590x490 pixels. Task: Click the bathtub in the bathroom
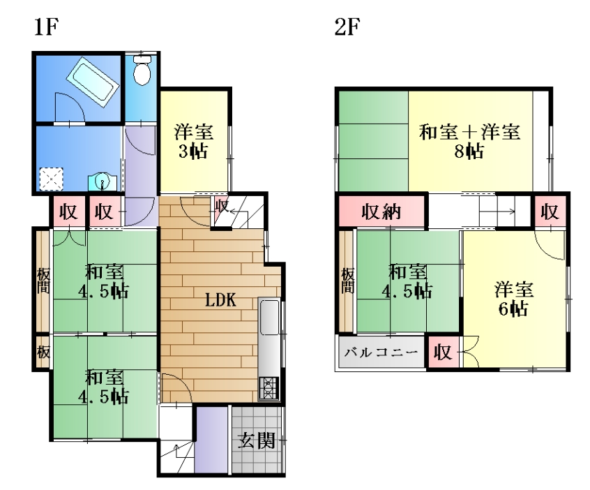pyautogui.click(x=93, y=82)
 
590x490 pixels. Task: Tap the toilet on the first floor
pyautogui.click(x=142, y=70)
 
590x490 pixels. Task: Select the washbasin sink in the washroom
pyautogui.click(x=102, y=182)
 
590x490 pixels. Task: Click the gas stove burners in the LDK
pyautogui.click(x=268, y=388)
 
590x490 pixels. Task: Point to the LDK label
pyautogui.click(x=220, y=300)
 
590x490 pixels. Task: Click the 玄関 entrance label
pyautogui.click(x=257, y=440)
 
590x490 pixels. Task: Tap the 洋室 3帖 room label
pyautogui.click(x=193, y=141)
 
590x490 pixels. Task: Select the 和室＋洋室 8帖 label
pyautogui.click(x=469, y=141)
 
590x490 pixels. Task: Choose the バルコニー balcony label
pyautogui.click(x=381, y=352)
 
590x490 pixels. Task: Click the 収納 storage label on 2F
pyautogui.click(x=381, y=211)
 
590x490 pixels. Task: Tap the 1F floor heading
pyautogui.click(x=46, y=27)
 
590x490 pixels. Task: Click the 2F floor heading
pyautogui.click(x=347, y=27)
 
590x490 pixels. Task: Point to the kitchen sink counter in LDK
pyautogui.click(x=269, y=316)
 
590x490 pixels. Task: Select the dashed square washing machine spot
pyautogui.click(x=51, y=179)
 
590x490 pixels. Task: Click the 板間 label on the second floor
pyautogui.click(x=347, y=281)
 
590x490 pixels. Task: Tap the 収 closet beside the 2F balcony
pyautogui.click(x=442, y=352)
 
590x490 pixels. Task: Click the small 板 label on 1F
pyautogui.click(x=43, y=352)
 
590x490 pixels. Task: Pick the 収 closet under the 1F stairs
pyautogui.click(x=222, y=207)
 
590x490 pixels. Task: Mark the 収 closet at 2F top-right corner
pyautogui.click(x=550, y=211)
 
